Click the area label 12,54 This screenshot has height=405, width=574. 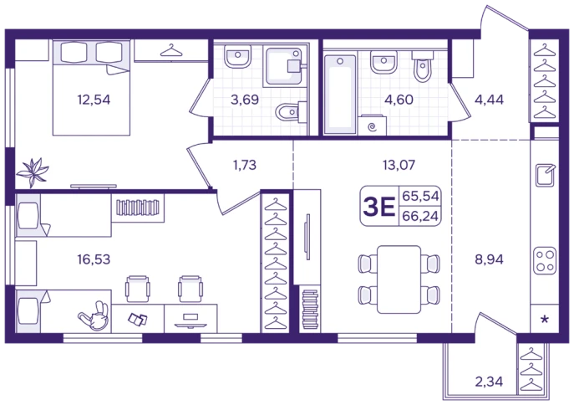click(x=94, y=100)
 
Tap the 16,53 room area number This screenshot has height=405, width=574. click(x=94, y=259)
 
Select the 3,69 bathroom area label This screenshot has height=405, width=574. click(x=245, y=100)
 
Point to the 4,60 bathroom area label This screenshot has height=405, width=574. click(x=399, y=100)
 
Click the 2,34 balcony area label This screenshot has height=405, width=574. click(x=489, y=382)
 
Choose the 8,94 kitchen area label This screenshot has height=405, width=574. click(x=489, y=259)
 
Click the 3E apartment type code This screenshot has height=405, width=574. click(x=378, y=207)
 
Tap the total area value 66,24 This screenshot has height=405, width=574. click(x=420, y=216)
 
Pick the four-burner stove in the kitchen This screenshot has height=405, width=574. click(x=545, y=260)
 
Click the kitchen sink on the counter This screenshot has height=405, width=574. click(x=545, y=176)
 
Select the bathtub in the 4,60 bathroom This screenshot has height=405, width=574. click(x=340, y=95)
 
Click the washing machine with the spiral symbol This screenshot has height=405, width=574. click(x=373, y=125)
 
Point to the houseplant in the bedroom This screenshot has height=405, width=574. click(x=33, y=172)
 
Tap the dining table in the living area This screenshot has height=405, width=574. click(x=399, y=279)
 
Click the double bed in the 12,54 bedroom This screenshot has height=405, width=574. click(x=92, y=88)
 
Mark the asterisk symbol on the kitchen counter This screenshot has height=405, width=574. click(x=545, y=320)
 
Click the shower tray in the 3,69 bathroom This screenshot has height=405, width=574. click(x=284, y=66)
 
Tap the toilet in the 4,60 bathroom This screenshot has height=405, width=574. click(x=423, y=66)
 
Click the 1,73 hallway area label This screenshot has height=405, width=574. click(x=245, y=165)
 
